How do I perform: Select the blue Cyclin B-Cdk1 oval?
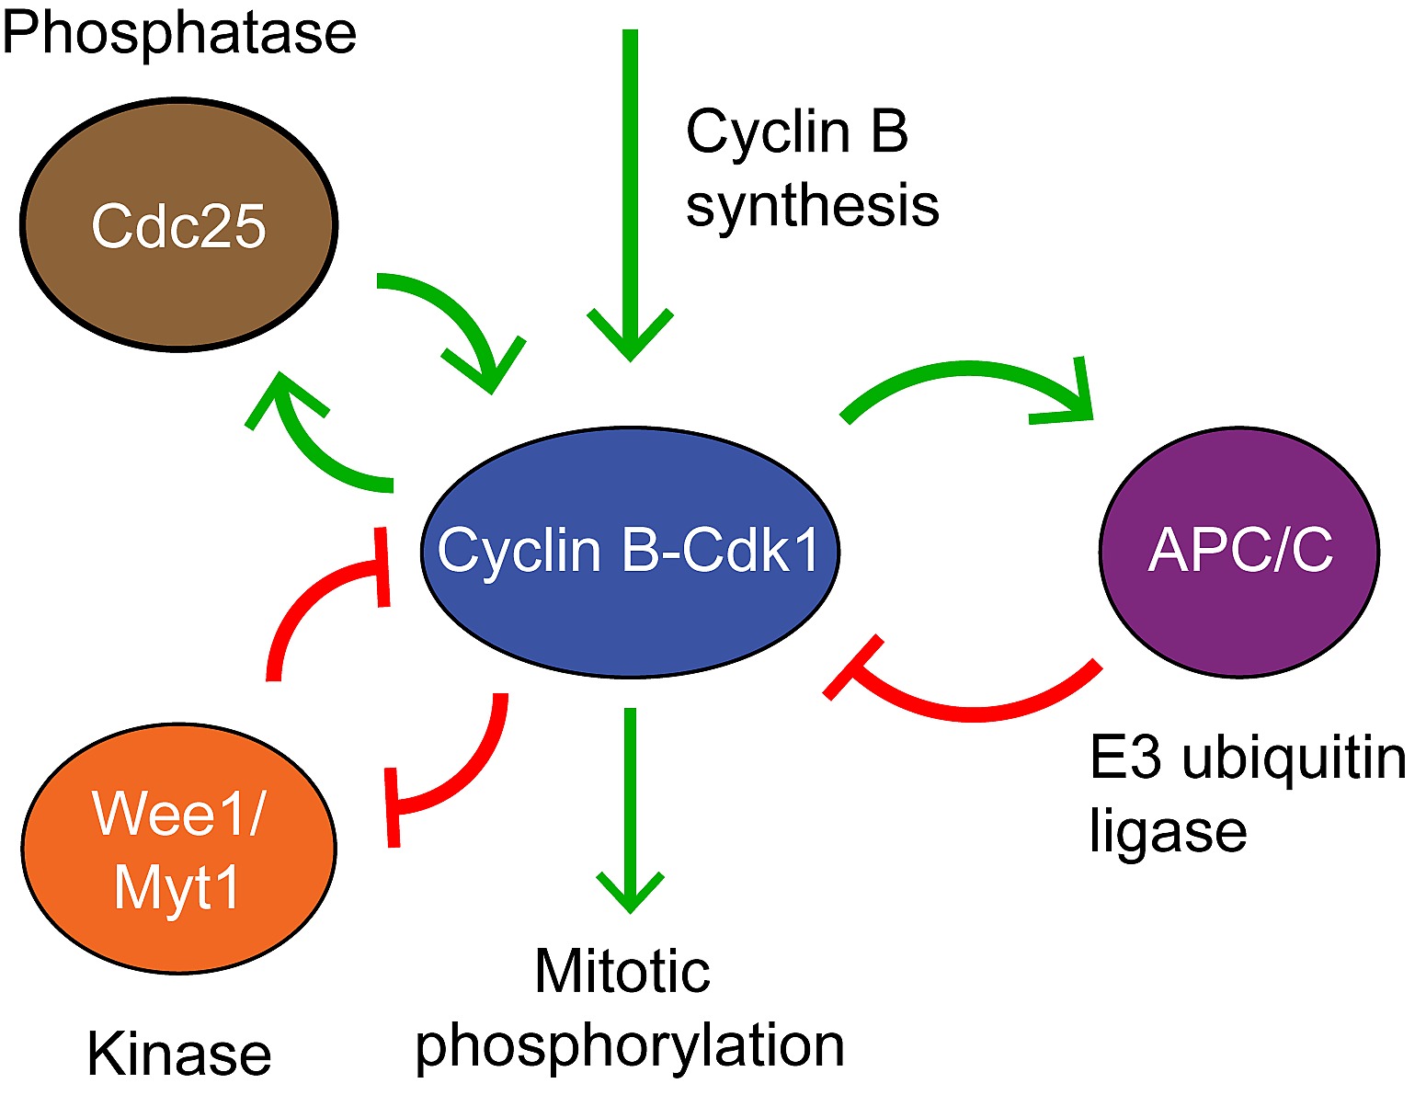630,552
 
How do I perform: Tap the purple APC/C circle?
1239,552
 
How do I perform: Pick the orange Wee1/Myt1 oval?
179,848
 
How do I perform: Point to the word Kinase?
179,1054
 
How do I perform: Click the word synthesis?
813,206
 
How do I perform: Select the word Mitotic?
622,971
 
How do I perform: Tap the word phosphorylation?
630,1046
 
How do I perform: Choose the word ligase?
1168,831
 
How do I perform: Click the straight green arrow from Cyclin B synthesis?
630,184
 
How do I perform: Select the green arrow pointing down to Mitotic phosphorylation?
630,800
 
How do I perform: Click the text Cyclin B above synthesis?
797,131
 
